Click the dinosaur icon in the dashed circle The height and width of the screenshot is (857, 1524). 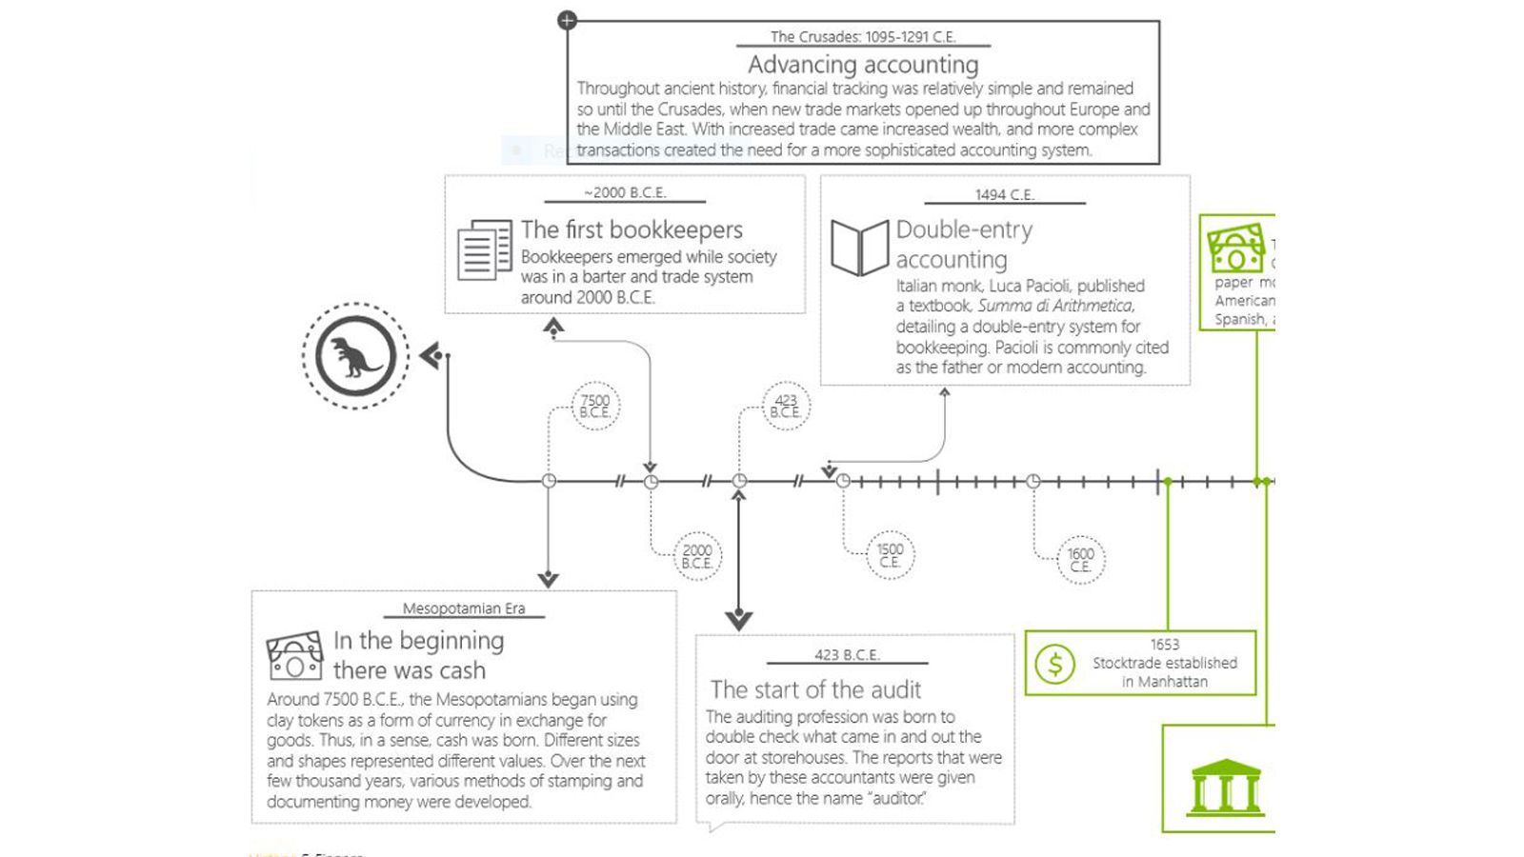pos(355,356)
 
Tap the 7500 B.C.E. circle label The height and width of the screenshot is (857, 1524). pos(595,407)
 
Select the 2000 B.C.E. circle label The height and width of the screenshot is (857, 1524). pos(697,556)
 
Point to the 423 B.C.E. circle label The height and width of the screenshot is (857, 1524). pos(786,407)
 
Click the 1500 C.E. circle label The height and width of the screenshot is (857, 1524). pos(891,555)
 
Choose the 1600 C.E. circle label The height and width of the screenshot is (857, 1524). pos(1081,560)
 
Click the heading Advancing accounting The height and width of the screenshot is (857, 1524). pos(863,65)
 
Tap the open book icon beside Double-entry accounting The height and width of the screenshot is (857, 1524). pos(859,248)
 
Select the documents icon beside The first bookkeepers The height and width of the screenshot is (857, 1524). pos(484,249)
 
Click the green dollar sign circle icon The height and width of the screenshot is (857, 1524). pos(1055,664)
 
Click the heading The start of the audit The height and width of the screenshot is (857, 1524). pos(815,689)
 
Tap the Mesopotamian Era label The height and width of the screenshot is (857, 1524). pos(464,608)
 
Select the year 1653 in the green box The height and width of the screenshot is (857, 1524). pos(1164,645)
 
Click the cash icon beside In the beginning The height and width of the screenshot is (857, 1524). pos(294,655)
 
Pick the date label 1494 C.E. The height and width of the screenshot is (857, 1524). pos(1004,195)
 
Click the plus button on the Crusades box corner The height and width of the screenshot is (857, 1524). pos(567,20)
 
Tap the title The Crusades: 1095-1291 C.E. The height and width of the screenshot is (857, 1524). pos(863,37)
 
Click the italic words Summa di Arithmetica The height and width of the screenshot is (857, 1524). pos(1055,306)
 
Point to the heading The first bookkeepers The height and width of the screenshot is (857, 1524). pos(632,229)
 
